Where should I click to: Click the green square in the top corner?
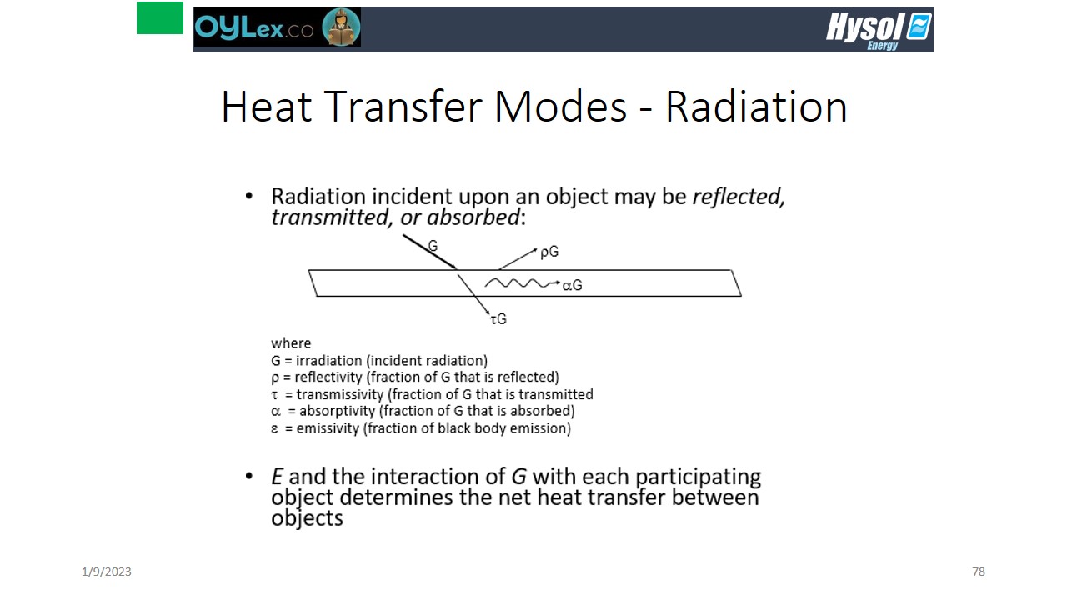click(160, 18)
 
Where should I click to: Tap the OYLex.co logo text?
click(254, 27)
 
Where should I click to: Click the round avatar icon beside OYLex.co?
click(341, 27)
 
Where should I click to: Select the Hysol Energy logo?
click(879, 31)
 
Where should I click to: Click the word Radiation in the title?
click(756, 107)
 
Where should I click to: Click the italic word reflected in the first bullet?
click(739, 196)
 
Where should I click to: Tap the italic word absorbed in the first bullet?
click(473, 217)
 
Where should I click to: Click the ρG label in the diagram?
click(549, 252)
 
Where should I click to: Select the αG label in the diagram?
click(572, 285)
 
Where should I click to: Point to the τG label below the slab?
click(498, 318)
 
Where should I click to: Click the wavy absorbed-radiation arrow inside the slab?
click(522, 283)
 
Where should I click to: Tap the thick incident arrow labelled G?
click(429, 252)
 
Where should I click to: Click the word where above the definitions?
click(291, 342)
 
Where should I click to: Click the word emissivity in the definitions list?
click(328, 428)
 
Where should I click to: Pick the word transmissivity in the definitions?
click(340, 394)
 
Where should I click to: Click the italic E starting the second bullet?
click(277, 476)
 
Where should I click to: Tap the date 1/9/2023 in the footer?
click(106, 572)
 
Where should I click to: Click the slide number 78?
click(979, 572)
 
